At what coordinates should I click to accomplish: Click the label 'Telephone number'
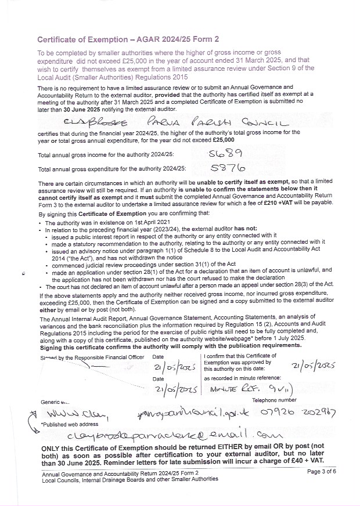(x=274, y=400)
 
